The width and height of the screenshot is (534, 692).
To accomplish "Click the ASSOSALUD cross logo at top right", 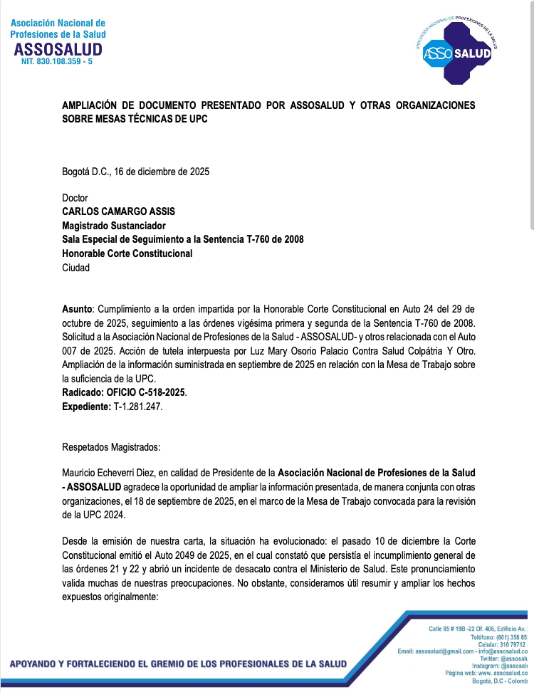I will [x=457, y=49].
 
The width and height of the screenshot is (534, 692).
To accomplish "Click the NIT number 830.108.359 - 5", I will [x=57, y=63].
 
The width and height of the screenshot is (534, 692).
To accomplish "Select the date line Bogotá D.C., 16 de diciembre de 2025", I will [x=135, y=171].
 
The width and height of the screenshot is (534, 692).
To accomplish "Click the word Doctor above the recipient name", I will [x=75, y=198].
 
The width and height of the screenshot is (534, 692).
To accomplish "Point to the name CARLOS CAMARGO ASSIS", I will [x=118, y=211].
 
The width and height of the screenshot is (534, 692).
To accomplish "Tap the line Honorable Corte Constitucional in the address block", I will [x=127, y=253].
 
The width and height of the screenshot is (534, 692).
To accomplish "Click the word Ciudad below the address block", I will [x=76, y=268].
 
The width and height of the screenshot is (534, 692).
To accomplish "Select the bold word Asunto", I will [x=77, y=310].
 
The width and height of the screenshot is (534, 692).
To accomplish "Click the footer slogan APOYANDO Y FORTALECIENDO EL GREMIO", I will [x=178, y=664].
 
